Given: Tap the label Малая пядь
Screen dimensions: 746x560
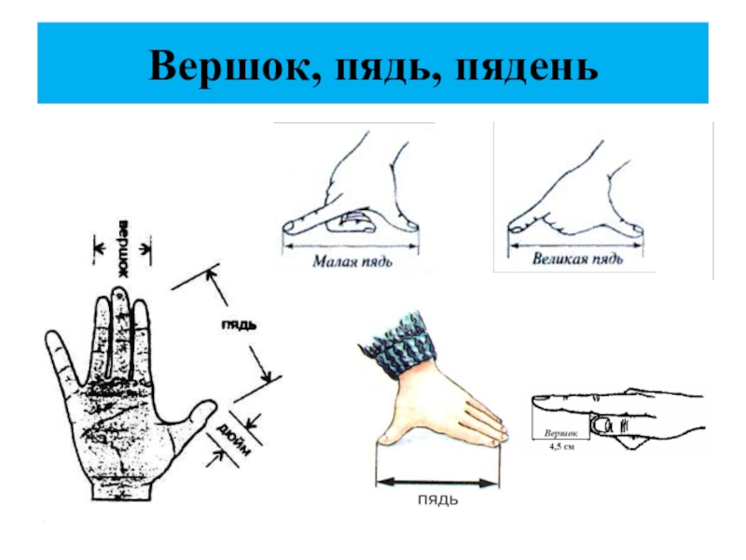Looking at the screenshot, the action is pyautogui.click(x=352, y=261).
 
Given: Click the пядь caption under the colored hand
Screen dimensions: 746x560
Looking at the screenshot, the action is pyautogui.click(x=435, y=501).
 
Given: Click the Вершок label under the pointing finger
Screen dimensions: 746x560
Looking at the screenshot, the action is pyautogui.click(x=560, y=434).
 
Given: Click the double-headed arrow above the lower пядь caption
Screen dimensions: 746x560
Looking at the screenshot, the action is pyautogui.click(x=435, y=483).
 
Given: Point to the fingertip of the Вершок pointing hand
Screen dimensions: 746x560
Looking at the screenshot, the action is pyautogui.click(x=538, y=403).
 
